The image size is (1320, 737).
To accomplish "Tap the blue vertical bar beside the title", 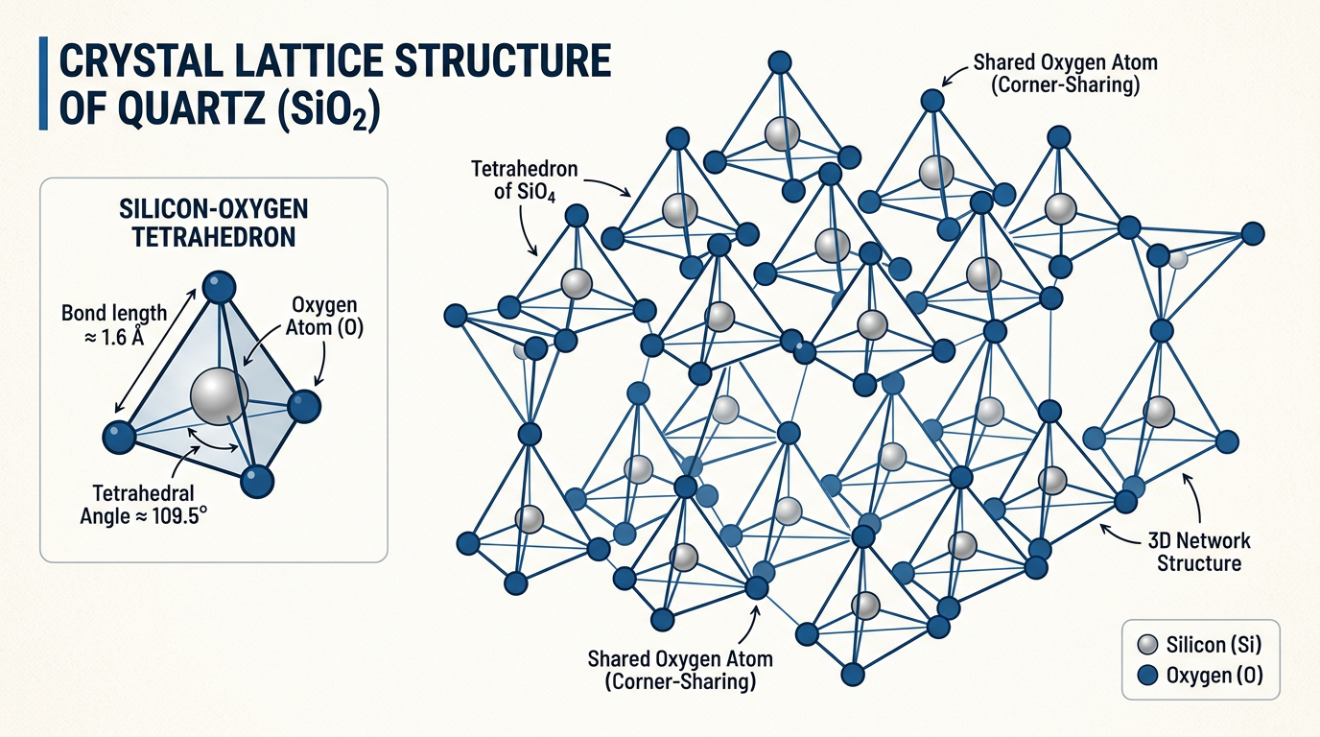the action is point(43,83).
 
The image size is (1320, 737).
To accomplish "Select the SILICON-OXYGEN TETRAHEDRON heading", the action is point(213,223).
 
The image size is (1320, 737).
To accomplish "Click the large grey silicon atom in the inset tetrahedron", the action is point(219,396).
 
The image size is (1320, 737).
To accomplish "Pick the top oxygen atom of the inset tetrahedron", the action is point(219,288).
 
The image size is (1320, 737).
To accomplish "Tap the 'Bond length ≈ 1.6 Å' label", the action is point(114,325).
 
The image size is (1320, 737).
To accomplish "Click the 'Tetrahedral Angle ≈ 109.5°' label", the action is point(144,504).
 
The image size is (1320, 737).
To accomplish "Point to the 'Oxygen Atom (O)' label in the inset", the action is point(324,316).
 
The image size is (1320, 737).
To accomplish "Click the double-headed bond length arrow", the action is point(155,350).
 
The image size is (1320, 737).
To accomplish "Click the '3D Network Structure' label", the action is point(1199,551).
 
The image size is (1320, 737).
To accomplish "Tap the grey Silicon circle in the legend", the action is point(1147,645).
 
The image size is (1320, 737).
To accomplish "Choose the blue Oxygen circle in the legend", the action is point(1147,675).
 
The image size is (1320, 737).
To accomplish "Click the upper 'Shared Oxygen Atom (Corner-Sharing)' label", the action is point(1065,74).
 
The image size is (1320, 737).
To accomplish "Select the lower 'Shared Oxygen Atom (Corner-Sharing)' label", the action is point(680,670).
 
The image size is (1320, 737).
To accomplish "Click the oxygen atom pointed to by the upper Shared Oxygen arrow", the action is point(932,100).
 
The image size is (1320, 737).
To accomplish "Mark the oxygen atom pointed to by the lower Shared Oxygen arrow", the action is point(757,588).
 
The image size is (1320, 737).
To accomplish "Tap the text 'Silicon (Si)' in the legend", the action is point(1214,645).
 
